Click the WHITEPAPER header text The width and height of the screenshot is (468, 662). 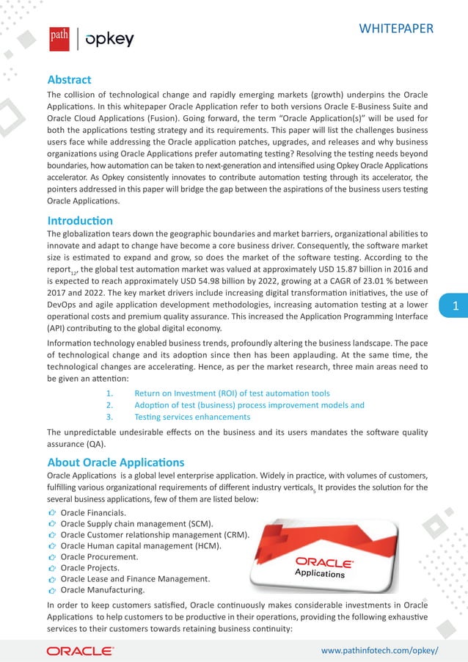click(395, 29)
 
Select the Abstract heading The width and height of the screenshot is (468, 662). click(69, 79)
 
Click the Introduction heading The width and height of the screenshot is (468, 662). click(80, 220)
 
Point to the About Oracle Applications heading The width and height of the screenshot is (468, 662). click(116, 462)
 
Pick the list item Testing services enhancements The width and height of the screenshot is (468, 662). click(192, 417)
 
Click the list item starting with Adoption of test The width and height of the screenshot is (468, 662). click(249, 405)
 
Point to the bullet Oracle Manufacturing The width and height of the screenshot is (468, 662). click(103, 590)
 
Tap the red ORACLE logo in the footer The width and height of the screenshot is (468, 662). click(80, 650)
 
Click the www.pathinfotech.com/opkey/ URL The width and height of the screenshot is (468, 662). click(380, 650)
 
